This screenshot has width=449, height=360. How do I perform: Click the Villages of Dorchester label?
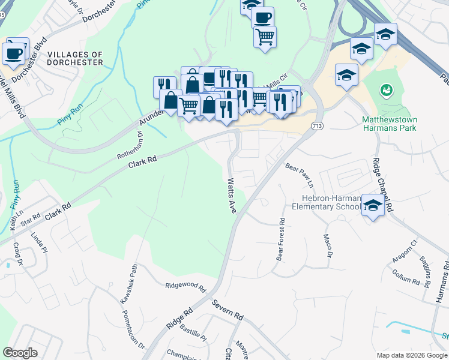point(75,58)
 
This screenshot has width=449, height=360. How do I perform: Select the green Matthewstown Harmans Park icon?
point(386,91)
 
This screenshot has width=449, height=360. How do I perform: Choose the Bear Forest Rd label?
point(280,239)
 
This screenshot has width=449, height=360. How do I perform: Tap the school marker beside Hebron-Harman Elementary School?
point(373,206)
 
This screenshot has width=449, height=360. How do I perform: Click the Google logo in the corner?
point(20,353)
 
